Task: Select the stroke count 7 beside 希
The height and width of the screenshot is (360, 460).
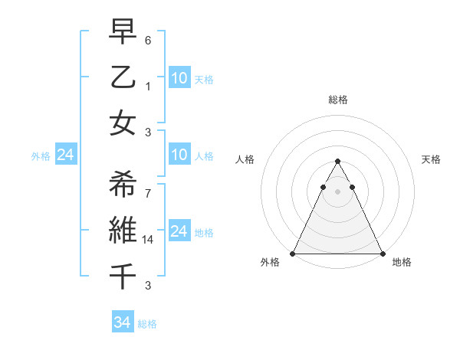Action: click(148, 194)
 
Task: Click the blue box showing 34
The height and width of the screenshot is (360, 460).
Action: click(122, 322)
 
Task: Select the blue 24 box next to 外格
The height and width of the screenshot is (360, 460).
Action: click(65, 155)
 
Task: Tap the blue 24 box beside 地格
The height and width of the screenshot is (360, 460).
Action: click(179, 232)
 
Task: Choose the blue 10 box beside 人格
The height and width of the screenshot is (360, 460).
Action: click(179, 155)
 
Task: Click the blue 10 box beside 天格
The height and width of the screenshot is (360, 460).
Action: click(179, 77)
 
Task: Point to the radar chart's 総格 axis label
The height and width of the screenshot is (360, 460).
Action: click(337, 100)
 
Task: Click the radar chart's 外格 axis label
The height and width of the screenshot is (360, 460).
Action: click(270, 263)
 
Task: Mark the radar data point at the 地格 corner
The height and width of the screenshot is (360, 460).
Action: click(382, 254)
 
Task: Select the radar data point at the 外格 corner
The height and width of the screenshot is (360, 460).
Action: click(293, 254)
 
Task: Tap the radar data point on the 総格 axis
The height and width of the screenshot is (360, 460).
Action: click(337, 162)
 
